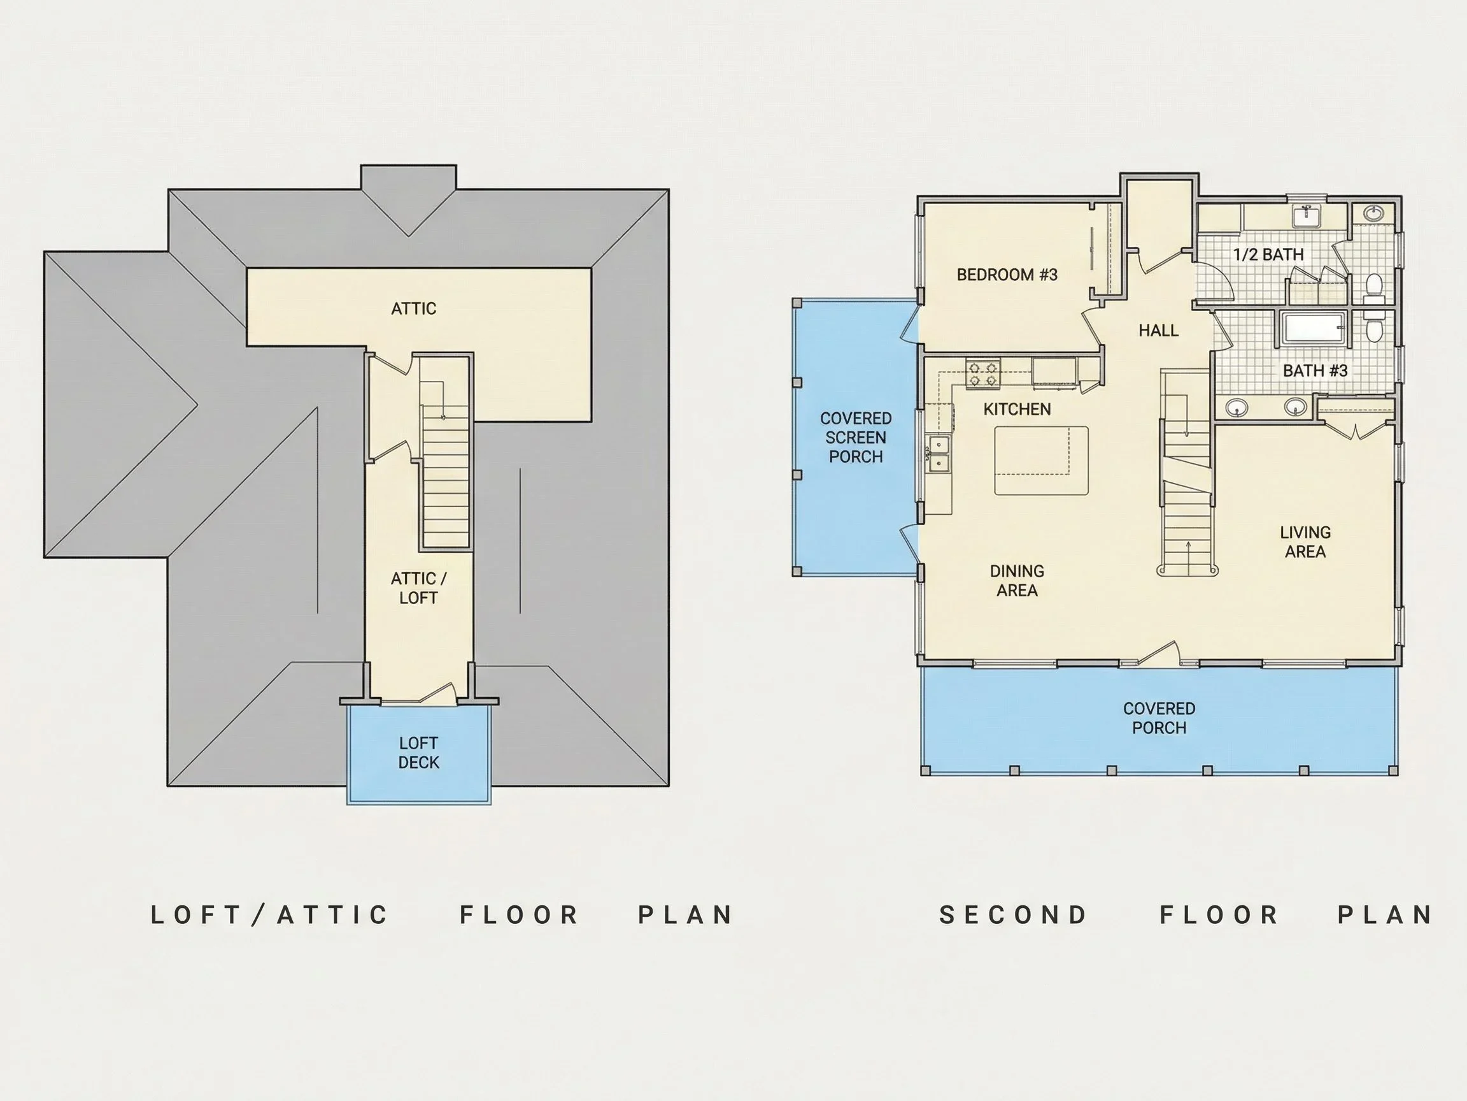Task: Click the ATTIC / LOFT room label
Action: pos(418,588)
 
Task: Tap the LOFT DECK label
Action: pos(418,752)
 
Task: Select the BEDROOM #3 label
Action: pos(1007,275)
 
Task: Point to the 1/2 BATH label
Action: pos(1268,254)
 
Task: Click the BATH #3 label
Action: pos(1315,370)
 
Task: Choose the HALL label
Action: pos(1158,331)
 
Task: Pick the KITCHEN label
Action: pos(1017,409)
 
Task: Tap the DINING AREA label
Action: pos(1017,580)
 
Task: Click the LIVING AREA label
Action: pos(1305,542)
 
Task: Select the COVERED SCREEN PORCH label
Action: pos(856,437)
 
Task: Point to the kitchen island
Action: pos(1041,461)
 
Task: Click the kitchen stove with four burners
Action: pos(983,373)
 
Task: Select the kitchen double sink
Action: pos(939,454)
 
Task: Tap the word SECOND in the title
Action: pos(1014,915)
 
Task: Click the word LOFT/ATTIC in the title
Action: pos(269,915)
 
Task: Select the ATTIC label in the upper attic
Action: pos(414,308)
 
